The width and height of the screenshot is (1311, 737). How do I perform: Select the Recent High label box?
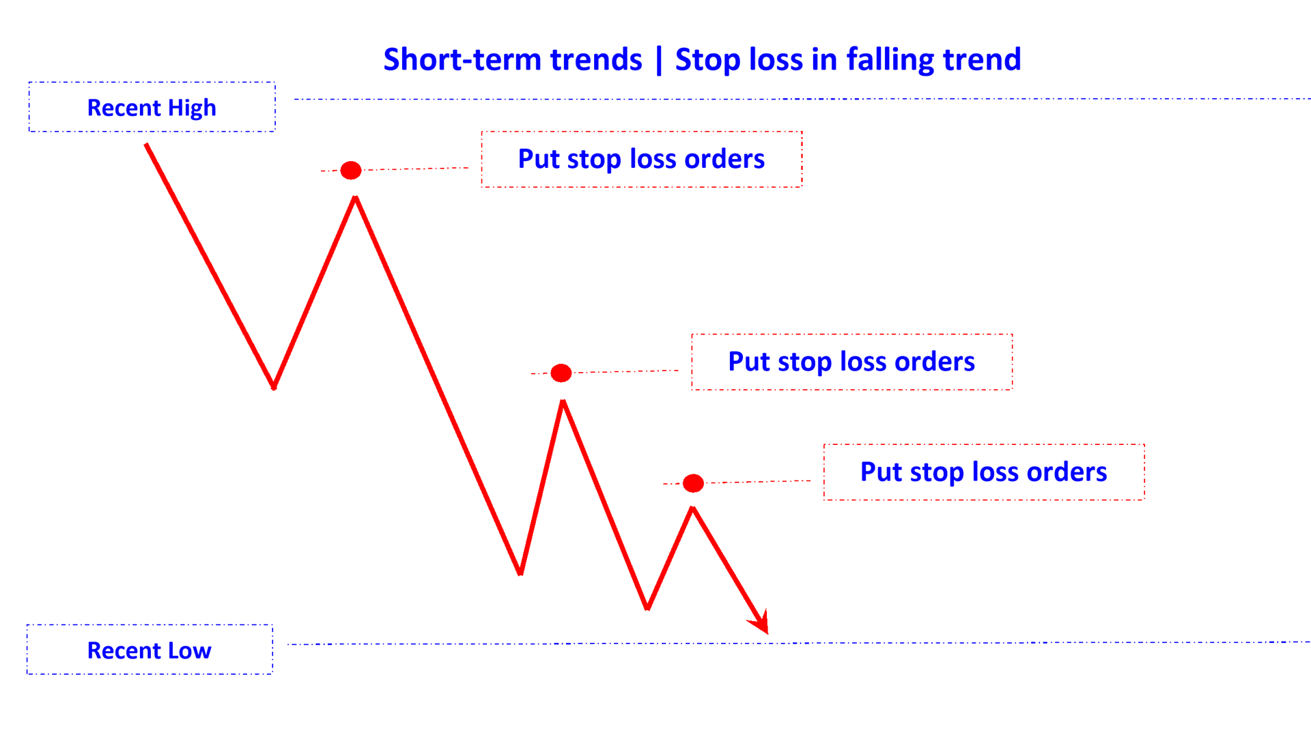click(x=152, y=107)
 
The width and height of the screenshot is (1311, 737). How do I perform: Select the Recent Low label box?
click(x=150, y=650)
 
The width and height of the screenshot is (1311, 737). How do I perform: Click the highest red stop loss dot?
click(x=351, y=170)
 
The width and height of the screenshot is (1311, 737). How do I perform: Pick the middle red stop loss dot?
click(x=561, y=373)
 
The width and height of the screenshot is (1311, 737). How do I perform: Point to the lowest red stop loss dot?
click(x=693, y=483)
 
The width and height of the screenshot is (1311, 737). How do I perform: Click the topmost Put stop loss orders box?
click(x=641, y=159)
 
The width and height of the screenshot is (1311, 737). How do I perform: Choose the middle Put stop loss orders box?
click(x=851, y=362)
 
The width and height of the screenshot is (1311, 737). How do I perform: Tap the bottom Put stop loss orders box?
click(x=983, y=472)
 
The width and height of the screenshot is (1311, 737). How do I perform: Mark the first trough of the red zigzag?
click(x=274, y=387)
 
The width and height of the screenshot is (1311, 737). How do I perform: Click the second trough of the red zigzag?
click(x=520, y=573)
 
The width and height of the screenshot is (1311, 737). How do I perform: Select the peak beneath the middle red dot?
click(x=563, y=402)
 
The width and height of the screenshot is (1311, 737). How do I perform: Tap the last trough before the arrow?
click(x=647, y=608)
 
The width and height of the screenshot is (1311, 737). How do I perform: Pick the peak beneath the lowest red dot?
click(x=692, y=508)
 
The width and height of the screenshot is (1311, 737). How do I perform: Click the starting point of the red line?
click(x=146, y=145)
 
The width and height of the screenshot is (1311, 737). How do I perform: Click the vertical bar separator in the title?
click(x=658, y=60)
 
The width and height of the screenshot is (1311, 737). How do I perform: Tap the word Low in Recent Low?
click(x=190, y=650)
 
